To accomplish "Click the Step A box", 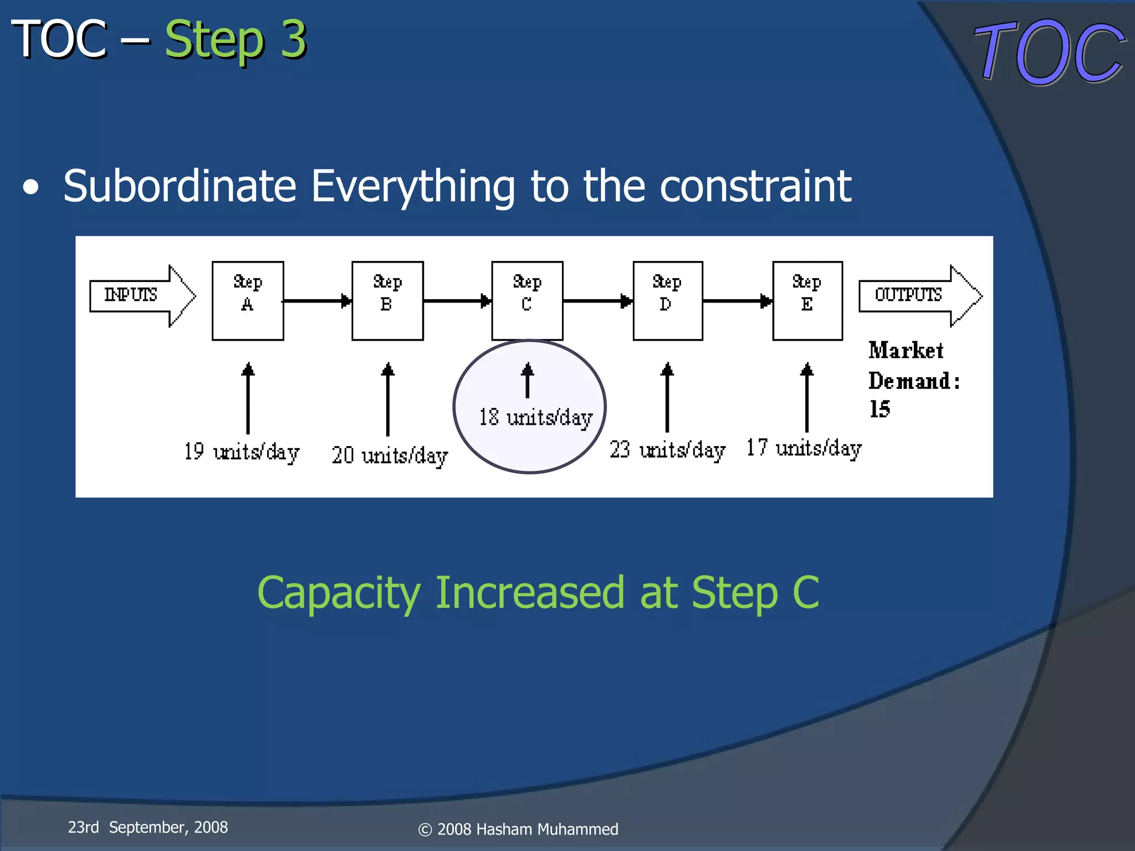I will (248, 301).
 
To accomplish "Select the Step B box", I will (387, 301).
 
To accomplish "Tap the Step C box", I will (527, 301).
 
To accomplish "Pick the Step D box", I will (668, 301).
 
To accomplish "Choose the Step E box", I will (807, 301).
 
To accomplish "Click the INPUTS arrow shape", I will (142, 296).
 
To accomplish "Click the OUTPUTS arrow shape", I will (919, 296).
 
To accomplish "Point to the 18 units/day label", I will (535, 418).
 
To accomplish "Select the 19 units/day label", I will (242, 452).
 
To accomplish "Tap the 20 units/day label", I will (390, 455).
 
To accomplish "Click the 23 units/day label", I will (667, 450).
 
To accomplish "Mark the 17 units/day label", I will (804, 448).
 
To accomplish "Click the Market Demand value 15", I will (880, 409).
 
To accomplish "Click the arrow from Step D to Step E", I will (737, 301).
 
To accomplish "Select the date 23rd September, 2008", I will (147, 827).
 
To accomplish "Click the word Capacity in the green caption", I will (339, 593).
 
